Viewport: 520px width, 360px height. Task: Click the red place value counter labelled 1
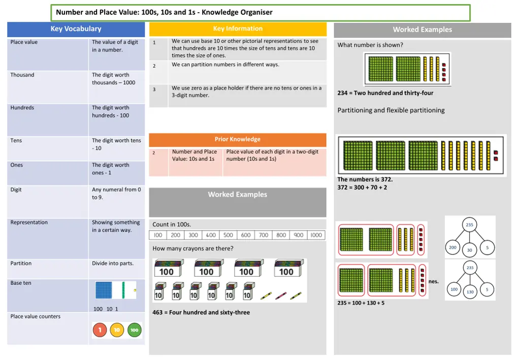pyautogui.click(x=100, y=330)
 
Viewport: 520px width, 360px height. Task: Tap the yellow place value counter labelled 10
pyautogui.click(x=117, y=330)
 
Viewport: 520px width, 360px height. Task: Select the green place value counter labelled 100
pyautogui.click(x=134, y=330)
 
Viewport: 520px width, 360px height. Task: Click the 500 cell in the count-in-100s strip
pyautogui.click(x=229, y=235)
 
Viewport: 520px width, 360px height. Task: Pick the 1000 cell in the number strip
pyautogui.click(x=316, y=235)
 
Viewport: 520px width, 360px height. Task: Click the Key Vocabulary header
pyautogui.click(x=76, y=29)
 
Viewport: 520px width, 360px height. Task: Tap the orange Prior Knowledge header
pyautogui.click(x=238, y=139)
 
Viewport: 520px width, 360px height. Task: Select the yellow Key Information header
pyautogui.click(x=238, y=29)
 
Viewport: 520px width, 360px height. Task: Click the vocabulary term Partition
pyautogui.click(x=21, y=264)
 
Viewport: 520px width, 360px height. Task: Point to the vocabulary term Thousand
pyautogui.click(x=22, y=75)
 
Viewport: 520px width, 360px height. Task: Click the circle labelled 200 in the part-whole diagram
pyautogui.click(x=452, y=248)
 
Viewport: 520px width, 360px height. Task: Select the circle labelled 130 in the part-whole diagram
pyautogui.click(x=470, y=292)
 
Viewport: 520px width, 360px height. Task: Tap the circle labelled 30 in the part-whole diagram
pyautogui.click(x=470, y=250)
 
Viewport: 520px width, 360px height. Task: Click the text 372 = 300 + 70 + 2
pyautogui.click(x=362, y=187)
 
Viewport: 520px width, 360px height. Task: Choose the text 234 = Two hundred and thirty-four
pyautogui.click(x=385, y=93)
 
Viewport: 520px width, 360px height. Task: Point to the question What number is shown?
pyautogui.click(x=370, y=45)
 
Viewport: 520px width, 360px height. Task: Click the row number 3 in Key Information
pyautogui.click(x=154, y=89)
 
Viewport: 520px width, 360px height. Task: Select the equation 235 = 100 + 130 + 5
pyautogui.click(x=361, y=303)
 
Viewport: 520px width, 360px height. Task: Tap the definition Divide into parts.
pyautogui.click(x=113, y=264)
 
